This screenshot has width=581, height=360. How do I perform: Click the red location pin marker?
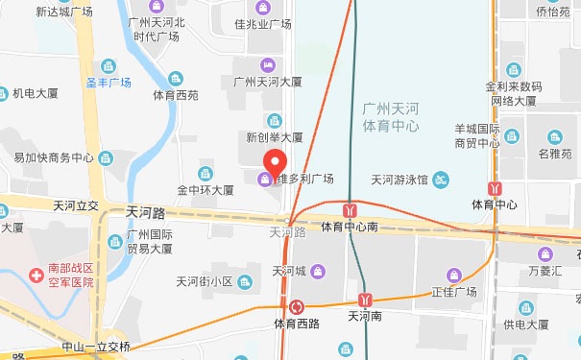point(276,161)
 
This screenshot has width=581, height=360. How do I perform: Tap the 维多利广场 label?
point(304,179)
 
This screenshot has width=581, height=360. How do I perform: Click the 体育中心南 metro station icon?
point(352,207)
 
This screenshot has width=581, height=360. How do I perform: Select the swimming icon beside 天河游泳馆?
point(440,179)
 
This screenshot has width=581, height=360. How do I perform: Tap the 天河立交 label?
point(76,206)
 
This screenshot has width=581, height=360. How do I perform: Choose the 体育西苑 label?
point(176,95)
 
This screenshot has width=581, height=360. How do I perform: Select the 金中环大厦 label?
point(205,190)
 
